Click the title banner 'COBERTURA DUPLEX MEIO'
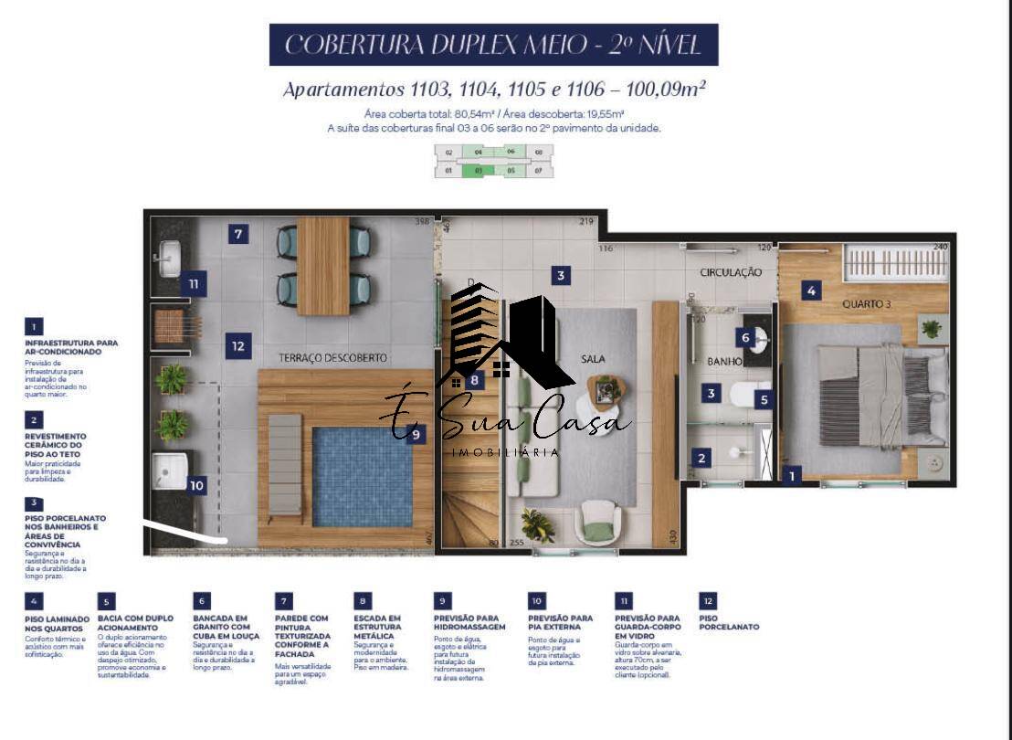[493, 45]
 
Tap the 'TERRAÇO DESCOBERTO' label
[333, 357]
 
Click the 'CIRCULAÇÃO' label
[731, 272]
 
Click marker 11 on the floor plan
[194, 284]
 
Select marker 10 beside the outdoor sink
[196, 486]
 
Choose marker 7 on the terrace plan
[237, 235]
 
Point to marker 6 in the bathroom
[745, 338]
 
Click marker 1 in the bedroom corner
[792, 475]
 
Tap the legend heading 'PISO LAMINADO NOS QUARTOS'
[57, 623]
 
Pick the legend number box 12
[708, 601]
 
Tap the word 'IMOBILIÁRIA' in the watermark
[506, 452]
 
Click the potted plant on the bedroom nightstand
[931, 328]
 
